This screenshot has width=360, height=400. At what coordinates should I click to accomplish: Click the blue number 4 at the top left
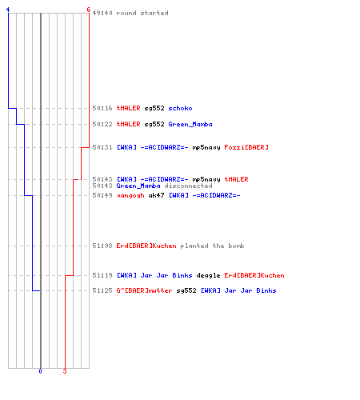point(8,10)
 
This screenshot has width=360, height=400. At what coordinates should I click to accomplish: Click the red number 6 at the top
point(89,10)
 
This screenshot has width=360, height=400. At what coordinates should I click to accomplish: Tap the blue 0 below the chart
point(40,371)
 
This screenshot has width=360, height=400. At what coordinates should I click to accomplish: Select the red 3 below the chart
point(65,371)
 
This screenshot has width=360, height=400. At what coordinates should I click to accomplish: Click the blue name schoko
point(180,108)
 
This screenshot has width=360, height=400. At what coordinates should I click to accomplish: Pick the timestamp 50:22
point(102,124)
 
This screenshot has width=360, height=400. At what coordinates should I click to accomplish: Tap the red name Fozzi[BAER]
point(246,147)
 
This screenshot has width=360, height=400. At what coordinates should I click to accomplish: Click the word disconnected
point(188,186)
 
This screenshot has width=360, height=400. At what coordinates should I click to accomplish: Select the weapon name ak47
point(156,195)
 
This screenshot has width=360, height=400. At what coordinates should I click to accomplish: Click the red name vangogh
point(130,196)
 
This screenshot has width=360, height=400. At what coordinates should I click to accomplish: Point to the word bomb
point(236,246)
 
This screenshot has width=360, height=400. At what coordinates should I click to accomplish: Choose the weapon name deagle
point(208,275)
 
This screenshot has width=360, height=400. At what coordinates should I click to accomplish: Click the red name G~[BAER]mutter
point(144,290)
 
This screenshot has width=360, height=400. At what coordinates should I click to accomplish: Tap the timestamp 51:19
point(102,275)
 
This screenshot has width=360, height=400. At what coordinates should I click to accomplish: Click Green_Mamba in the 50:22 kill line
point(190,124)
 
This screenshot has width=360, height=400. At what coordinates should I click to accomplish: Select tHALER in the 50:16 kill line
point(128,108)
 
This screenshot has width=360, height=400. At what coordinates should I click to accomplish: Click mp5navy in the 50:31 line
point(206,147)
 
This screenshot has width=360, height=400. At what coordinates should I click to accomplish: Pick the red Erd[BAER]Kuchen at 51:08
point(146,246)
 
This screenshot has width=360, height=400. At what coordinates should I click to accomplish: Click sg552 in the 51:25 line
point(186,290)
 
